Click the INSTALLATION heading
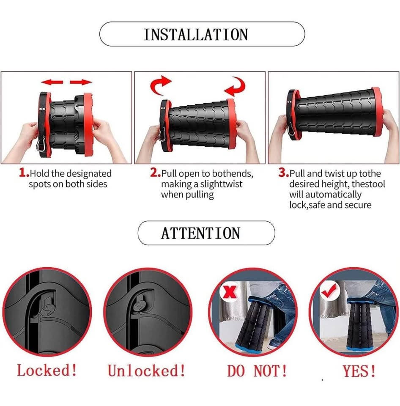point(196,34)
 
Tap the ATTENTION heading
point(201,233)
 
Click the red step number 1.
point(24,173)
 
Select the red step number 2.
point(155,173)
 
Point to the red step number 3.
point(284,173)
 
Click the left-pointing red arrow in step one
point(52,82)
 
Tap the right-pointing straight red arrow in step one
point(81,82)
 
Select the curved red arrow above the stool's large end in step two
point(235,86)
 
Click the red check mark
point(329,291)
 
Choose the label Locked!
point(47,370)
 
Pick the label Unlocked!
point(147,371)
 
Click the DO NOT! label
point(257,371)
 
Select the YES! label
point(359,371)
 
